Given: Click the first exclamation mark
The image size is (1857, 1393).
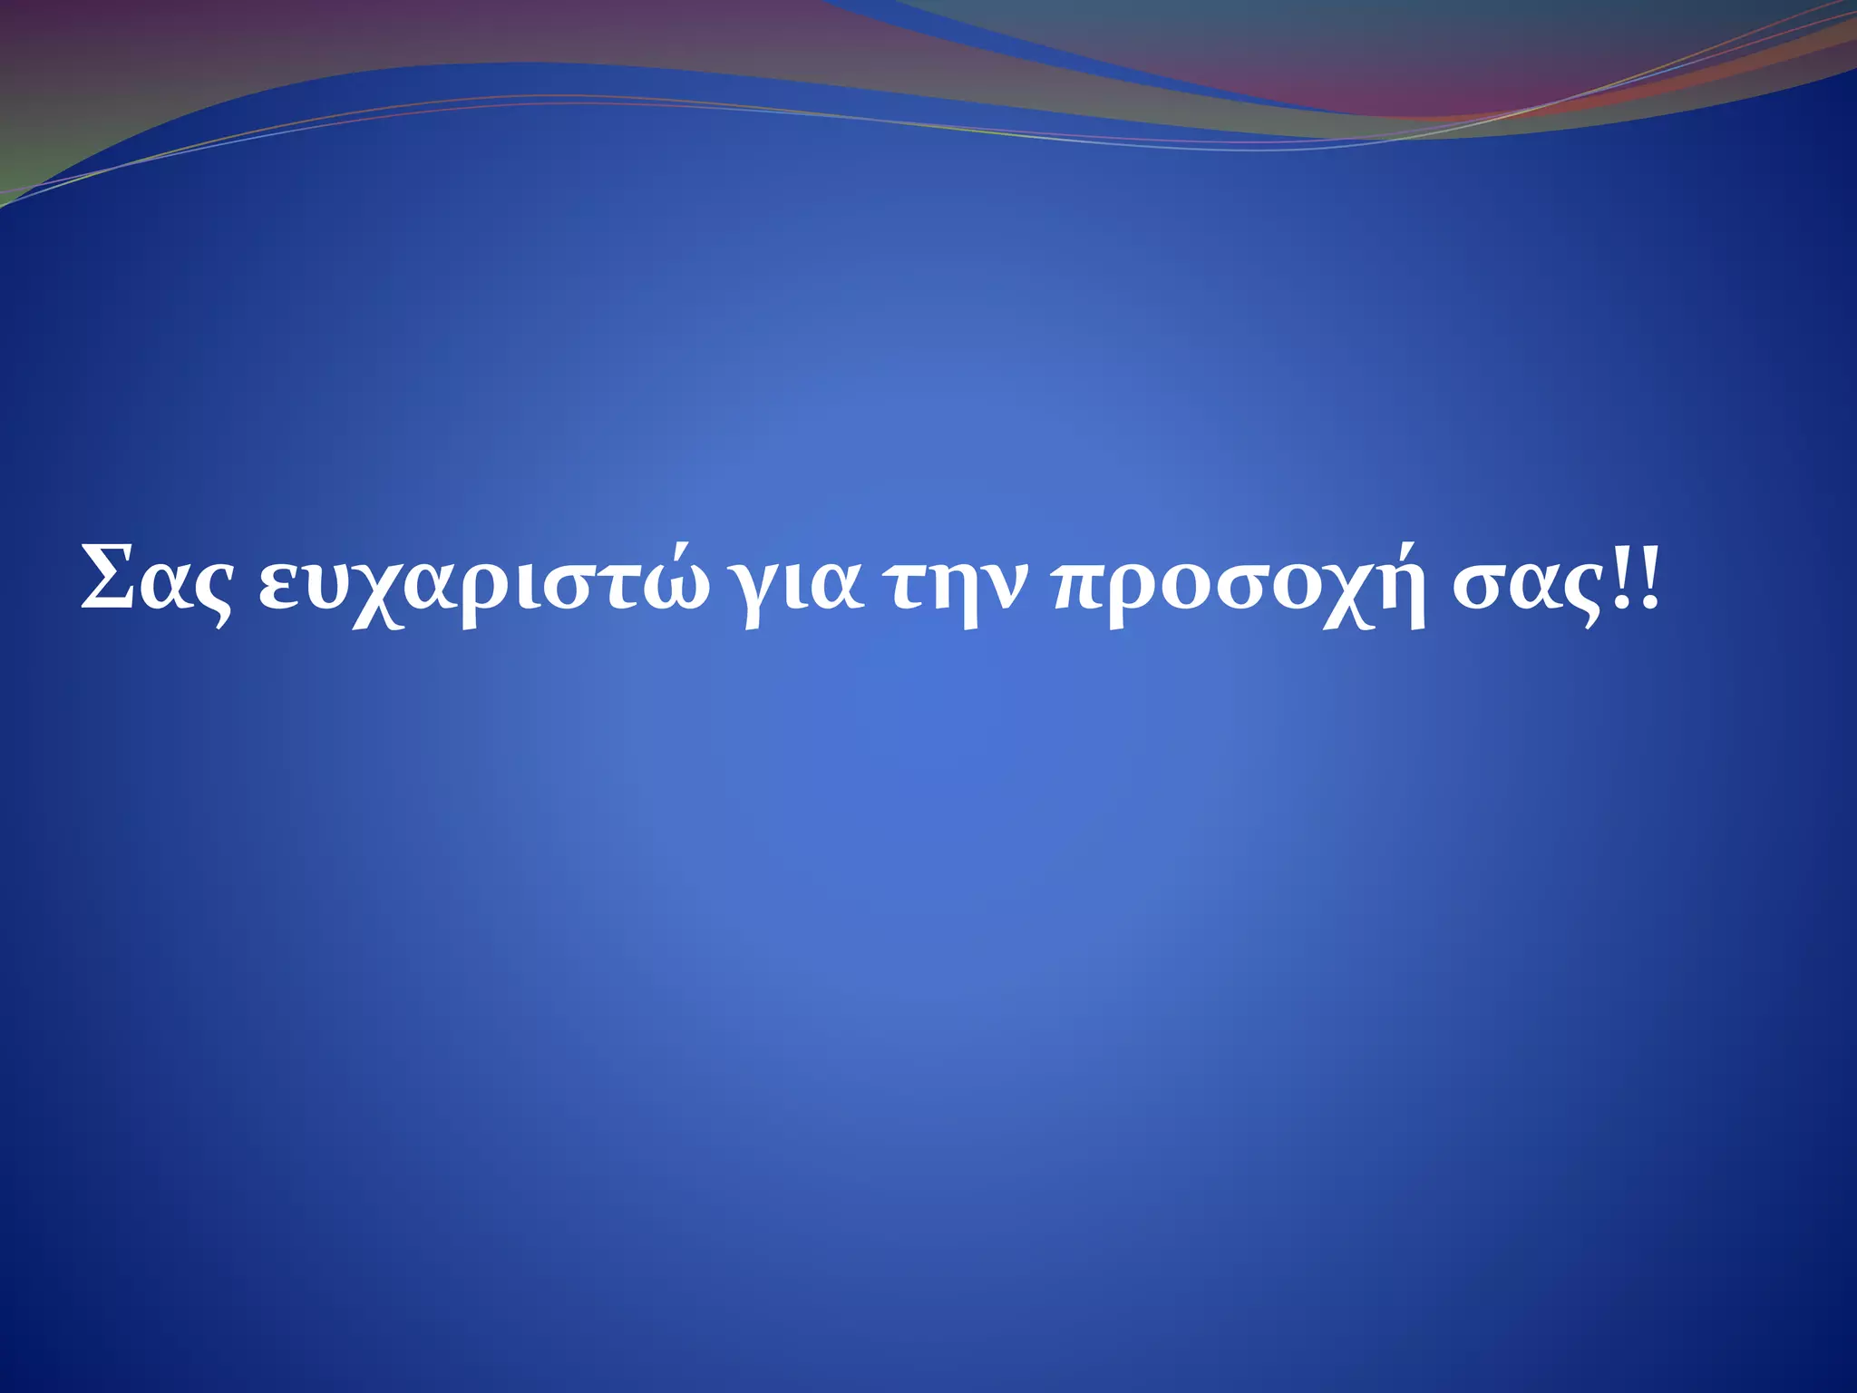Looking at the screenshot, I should pos(1624,577).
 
